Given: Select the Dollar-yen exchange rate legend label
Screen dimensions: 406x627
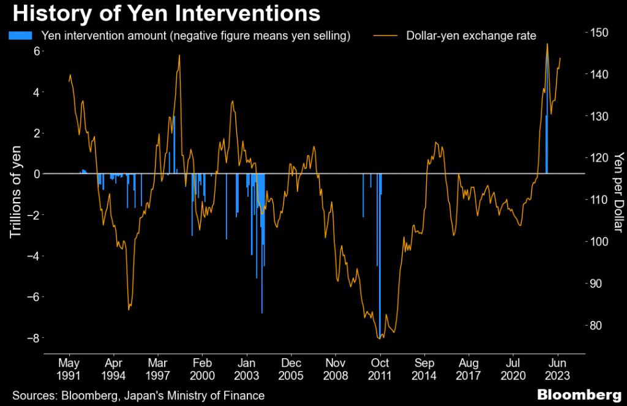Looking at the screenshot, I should point(471,36).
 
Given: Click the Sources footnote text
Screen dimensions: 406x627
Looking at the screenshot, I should point(138,396).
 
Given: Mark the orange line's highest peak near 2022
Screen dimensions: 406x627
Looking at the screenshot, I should point(547,44).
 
